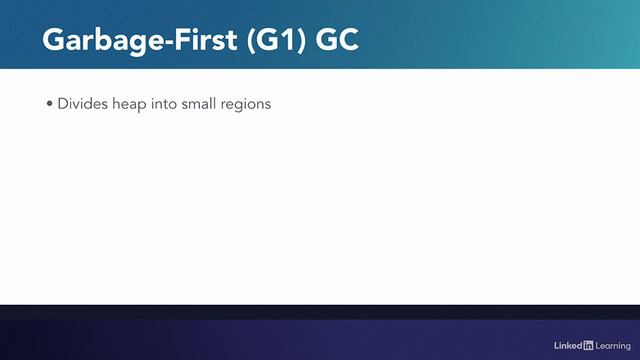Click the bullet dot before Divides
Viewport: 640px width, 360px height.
click(x=50, y=103)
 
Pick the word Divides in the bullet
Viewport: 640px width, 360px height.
click(x=79, y=103)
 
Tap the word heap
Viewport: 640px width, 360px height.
click(x=123, y=103)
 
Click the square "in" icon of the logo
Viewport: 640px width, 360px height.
click(x=588, y=345)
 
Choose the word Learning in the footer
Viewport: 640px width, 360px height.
click(x=612, y=345)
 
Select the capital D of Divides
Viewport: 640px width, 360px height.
click(x=62, y=103)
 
